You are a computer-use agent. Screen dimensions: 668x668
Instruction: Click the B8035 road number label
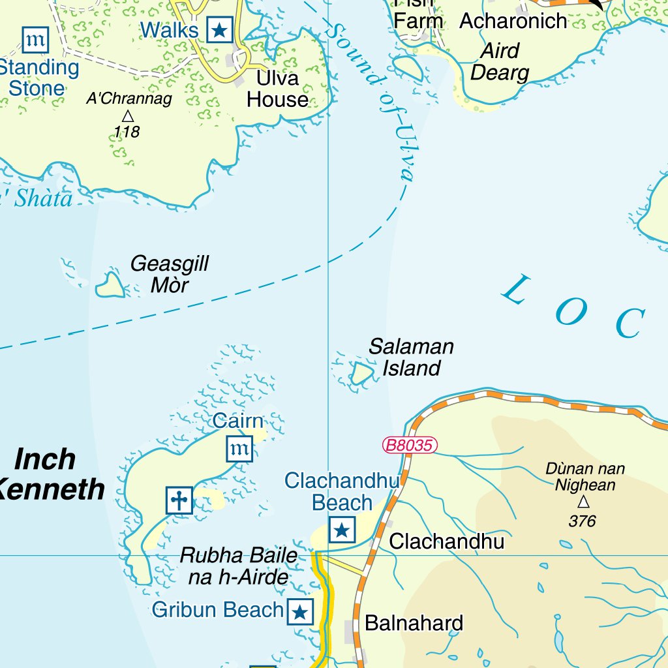(x=409, y=446)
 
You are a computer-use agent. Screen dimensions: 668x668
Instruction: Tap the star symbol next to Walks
(x=220, y=30)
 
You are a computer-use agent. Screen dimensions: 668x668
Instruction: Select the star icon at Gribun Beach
(x=300, y=612)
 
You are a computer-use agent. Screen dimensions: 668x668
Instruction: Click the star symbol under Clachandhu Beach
(x=342, y=530)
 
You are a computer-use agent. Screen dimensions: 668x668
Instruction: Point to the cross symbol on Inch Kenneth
(x=179, y=500)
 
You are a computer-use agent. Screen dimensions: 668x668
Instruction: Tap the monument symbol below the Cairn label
(x=239, y=449)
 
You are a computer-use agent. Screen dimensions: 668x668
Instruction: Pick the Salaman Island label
(x=411, y=357)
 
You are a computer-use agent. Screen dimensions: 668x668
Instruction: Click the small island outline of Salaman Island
(x=361, y=373)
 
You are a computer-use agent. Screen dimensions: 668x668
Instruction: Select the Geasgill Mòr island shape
(x=110, y=285)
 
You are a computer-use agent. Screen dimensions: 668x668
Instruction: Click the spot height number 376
(x=582, y=521)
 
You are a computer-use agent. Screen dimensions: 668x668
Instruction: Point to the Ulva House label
(x=278, y=89)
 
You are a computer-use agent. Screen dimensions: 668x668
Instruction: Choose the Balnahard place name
(x=414, y=623)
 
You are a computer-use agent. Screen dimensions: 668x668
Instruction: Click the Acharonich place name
(x=513, y=21)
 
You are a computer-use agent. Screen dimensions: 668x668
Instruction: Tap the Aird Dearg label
(x=500, y=62)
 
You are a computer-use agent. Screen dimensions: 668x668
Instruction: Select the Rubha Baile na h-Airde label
(x=238, y=566)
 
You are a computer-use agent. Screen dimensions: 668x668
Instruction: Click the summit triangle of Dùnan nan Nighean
(x=583, y=502)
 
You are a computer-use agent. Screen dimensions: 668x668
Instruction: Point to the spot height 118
(x=127, y=132)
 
